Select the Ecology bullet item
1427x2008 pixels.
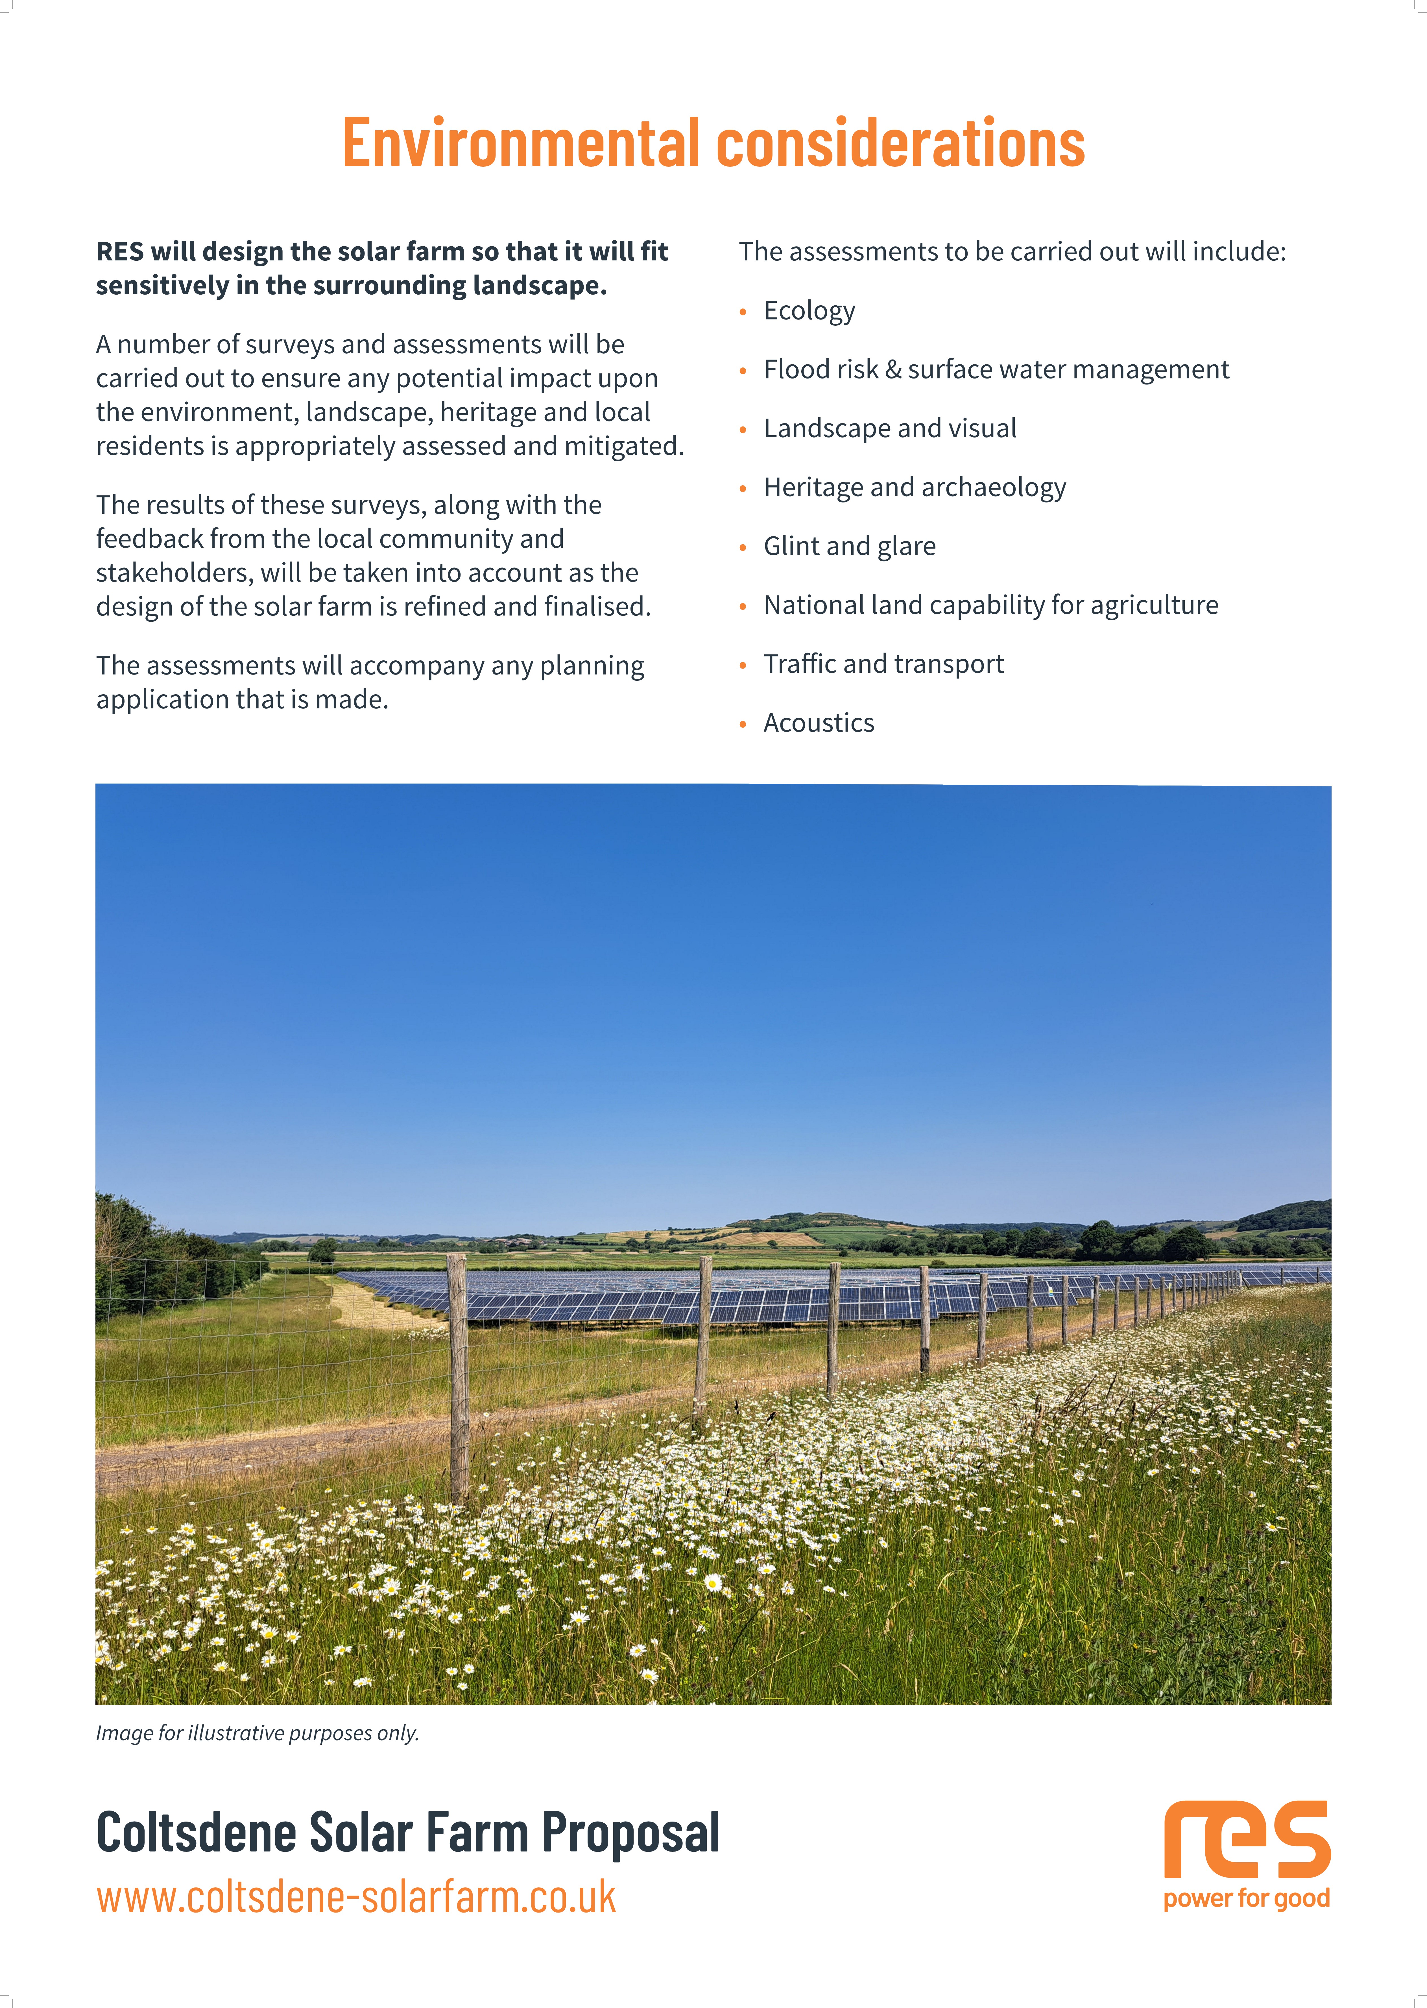[x=808, y=311]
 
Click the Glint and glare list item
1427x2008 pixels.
[x=849, y=547]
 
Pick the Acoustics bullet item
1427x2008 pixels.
[x=818, y=723]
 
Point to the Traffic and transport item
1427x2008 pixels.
[x=883, y=664]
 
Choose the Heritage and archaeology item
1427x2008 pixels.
[x=914, y=488]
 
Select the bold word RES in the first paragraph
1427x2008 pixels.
[x=119, y=252]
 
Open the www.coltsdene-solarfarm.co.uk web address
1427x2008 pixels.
[x=356, y=1897]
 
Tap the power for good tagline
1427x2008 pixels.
[x=1246, y=1898]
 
